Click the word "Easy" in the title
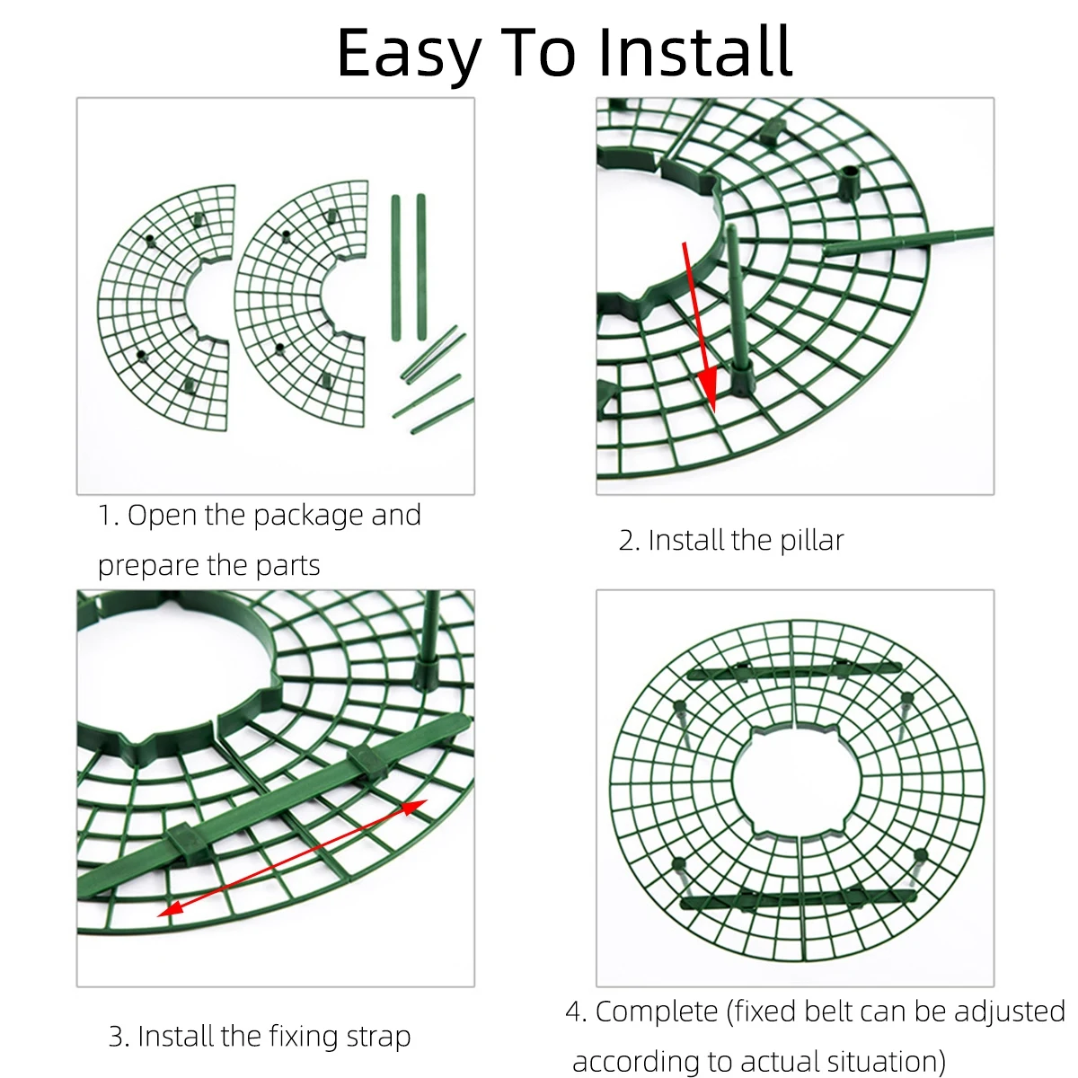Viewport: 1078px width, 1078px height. point(409,52)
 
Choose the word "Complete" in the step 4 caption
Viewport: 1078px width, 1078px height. point(657,1012)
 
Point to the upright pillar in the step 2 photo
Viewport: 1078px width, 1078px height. point(738,305)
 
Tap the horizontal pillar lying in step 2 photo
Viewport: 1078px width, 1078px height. point(907,241)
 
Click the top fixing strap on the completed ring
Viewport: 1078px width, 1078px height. point(794,670)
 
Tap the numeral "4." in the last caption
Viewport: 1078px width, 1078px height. point(576,1012)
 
